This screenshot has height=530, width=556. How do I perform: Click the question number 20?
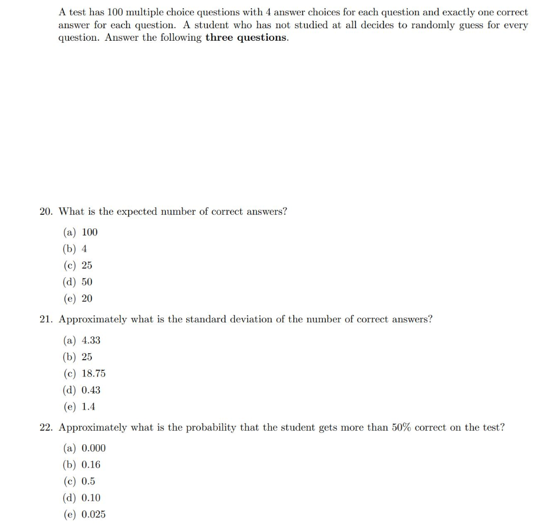coord(46,212)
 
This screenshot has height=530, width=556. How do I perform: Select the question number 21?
coord(46,320)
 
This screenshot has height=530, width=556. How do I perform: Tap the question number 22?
coord(46,427)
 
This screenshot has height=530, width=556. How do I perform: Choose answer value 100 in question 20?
coord(90,233)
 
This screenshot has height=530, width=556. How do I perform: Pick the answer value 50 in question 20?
coord(87,282)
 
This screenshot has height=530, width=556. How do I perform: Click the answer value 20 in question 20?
coord(87,298)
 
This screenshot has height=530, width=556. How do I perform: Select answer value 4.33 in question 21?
coord(91,341)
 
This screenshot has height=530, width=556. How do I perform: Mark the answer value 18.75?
coord(93,374)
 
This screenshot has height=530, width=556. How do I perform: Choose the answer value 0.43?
coord(91,390)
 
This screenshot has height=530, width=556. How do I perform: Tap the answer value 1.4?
coord(89,406)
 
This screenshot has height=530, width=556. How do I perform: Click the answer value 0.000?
coord(93,448)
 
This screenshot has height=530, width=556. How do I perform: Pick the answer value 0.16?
coord(91,465)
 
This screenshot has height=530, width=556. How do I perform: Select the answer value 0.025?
coord(93,514)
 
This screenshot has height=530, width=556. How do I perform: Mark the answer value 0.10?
coord(91,498)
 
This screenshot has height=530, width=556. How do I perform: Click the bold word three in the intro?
coord(219,38)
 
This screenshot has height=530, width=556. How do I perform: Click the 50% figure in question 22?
coord(401,427)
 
